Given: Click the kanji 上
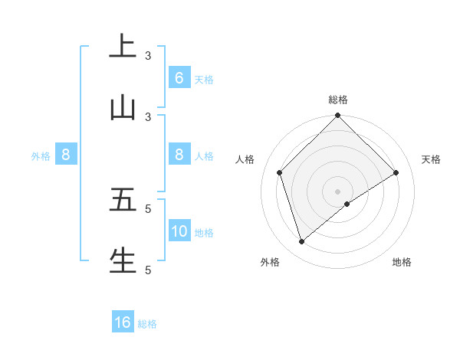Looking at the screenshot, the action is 123,47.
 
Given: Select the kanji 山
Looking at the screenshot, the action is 123,108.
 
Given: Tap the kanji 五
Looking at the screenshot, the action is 123,200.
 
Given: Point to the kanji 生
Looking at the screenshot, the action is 123,260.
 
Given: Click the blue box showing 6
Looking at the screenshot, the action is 179,78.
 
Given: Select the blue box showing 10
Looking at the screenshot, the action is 179,231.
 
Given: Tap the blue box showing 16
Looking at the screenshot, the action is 123,322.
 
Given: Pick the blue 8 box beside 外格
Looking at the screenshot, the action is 66,155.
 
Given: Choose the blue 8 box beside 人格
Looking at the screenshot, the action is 179,155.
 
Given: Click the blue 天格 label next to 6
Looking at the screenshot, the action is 204,79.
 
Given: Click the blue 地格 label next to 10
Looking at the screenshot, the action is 204,232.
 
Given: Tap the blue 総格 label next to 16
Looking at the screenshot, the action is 147,323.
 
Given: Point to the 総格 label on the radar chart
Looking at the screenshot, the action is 338,100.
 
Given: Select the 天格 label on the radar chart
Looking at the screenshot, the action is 432,159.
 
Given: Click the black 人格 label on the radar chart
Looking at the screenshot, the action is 245,159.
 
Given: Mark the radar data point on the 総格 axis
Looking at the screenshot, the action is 338,116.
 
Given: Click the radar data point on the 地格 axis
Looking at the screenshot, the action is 347,204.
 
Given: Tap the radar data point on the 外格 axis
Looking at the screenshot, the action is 301,242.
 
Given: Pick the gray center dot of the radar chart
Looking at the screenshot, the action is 338,191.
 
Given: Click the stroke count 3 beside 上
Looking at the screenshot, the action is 148,56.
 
